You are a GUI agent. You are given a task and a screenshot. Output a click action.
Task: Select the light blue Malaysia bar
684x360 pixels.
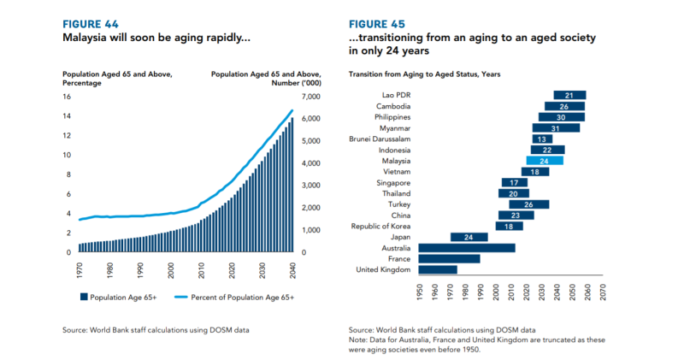click(545, 161)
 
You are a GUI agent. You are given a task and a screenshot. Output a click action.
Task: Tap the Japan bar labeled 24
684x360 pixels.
click(469, 237)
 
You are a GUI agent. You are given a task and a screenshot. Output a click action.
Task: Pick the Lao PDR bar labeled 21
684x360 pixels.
click(569, 95)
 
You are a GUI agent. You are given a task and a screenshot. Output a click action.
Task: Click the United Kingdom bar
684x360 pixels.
click(438, 269)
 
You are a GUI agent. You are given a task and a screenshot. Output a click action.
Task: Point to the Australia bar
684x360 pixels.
click(467, 248)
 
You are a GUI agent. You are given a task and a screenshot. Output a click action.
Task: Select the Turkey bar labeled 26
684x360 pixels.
click(528, 204)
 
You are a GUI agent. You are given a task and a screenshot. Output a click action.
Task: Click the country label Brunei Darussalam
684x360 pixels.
click(380, 139)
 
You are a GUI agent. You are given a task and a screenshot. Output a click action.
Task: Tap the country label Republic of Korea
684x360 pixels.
click(380, 226)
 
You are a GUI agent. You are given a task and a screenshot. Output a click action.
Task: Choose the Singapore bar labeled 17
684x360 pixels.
click(515, 182)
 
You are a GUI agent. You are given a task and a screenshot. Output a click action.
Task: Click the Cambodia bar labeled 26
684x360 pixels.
click(564, 106)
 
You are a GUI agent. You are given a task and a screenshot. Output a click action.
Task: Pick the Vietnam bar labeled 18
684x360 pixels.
click(535, 172)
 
